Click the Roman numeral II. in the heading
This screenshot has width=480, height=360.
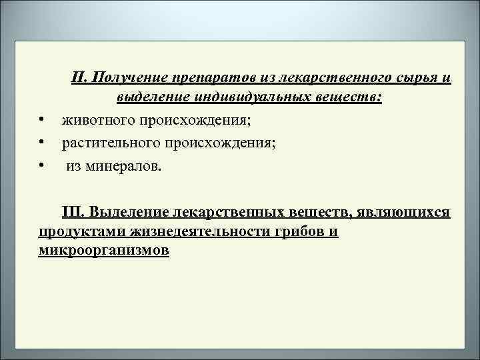[x=81, y=79]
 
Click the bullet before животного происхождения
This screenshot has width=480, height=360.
[x=41, y=120]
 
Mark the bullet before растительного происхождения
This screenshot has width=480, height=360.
[x=41, y=141]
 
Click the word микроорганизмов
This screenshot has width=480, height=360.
[x=103, y=251]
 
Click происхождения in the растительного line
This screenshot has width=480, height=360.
[x=217, y=141]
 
